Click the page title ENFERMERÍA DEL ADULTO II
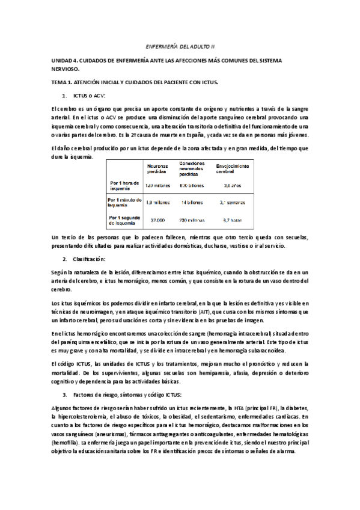click(x=180, y=46)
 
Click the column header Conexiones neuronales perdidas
click(x=195, y=168)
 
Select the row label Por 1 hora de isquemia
click(x=124, y=185)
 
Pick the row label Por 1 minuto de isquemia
click(x=125, y=203)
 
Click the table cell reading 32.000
click(x=157, y=220)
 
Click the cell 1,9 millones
click(x=157, y=203)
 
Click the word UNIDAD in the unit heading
click(x=63, y=61)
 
